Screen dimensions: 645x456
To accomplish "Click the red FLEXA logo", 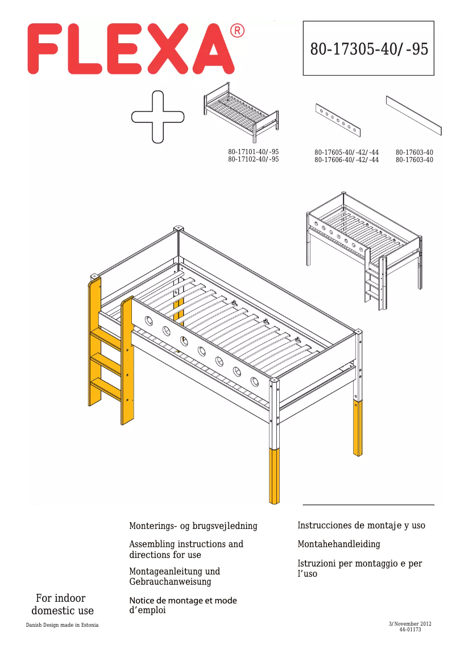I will click(131, 49).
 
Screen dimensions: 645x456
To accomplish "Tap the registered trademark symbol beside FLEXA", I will click(237, 31).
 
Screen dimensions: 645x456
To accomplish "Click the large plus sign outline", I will click(157, 117).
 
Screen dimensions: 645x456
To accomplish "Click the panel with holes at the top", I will click(338, 120).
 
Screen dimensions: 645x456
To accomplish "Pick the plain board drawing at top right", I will click(413, 115).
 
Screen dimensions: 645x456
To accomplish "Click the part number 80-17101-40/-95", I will click(253, 152).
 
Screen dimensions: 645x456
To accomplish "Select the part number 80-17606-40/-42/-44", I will click(346, 160).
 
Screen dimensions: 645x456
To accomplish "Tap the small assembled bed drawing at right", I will click(363, 245).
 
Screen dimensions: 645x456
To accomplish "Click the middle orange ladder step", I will click(106, 363).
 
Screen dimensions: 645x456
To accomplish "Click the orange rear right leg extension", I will click(358, 428).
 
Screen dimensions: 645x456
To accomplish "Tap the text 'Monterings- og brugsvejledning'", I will click(193, 526).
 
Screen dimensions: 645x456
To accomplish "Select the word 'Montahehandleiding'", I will click(339, 544).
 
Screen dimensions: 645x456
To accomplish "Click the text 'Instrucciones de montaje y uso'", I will click(361, 526).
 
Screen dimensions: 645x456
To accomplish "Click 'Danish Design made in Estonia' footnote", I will click(62, 625).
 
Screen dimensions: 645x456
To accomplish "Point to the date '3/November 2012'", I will click(410, 624).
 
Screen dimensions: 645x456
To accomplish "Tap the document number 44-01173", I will click(410, 630).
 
